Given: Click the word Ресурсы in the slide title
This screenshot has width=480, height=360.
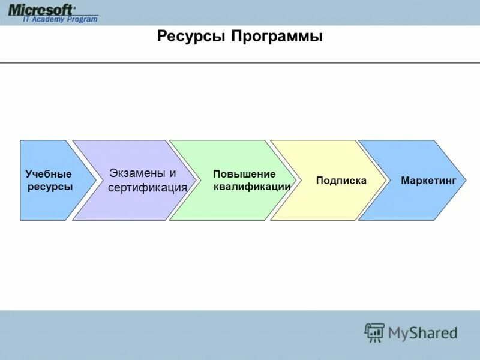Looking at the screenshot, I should click(191, 37).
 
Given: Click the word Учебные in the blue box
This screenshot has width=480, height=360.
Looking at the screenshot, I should click(49, 174).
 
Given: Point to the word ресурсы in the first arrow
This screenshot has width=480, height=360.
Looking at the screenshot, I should click(50, 187).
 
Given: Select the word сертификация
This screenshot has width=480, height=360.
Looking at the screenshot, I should click(148, 188).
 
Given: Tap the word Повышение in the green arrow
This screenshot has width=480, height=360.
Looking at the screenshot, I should click(244, 174).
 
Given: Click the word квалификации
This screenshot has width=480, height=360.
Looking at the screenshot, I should click(252, 187).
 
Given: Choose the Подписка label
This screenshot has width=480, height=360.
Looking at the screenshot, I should click(341, 181).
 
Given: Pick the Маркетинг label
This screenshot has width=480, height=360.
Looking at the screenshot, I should click(428, 181).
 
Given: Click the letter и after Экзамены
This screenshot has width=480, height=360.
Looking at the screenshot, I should click(173, 173).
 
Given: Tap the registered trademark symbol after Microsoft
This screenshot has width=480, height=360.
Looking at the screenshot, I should click(74, 7).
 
